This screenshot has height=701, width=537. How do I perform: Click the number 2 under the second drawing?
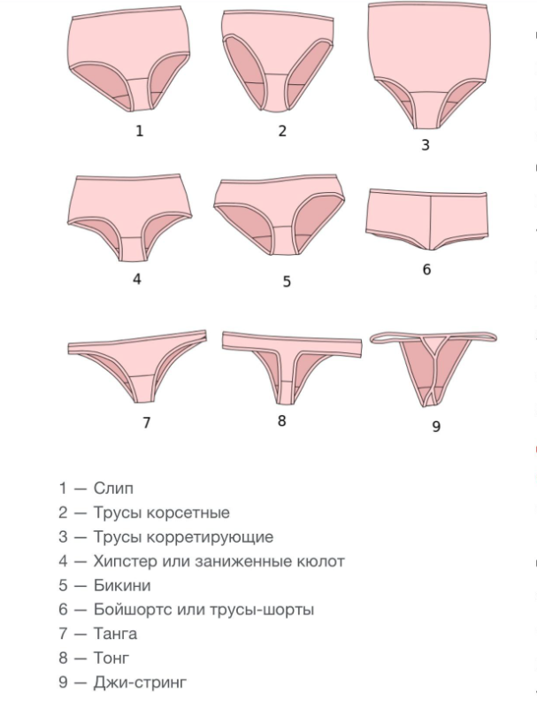click(282, 131)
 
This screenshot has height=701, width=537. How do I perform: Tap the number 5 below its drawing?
click(287, 281)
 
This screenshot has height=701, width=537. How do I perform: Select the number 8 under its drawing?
click(281, 420)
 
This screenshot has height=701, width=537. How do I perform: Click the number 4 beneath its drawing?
click(137, 279)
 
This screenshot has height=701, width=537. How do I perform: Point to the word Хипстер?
click(124, 561)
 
